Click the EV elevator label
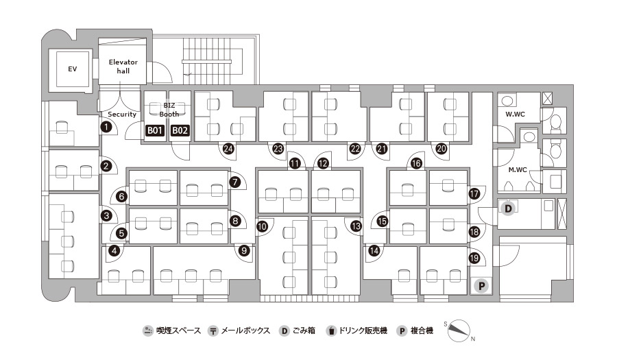73,69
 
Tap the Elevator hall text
123,67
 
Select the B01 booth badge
155,130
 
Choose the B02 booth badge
180,130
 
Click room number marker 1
106,127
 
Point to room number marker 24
228,149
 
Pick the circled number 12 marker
323,163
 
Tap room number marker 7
235,182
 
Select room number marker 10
262,226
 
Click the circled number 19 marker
474,258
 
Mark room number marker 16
416,163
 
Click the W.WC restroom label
515,114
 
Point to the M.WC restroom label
518,170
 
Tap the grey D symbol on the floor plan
508,208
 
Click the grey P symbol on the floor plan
481,286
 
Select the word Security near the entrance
122,114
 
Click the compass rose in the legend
459,331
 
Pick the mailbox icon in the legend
213,331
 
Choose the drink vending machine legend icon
331,331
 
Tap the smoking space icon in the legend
147,331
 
